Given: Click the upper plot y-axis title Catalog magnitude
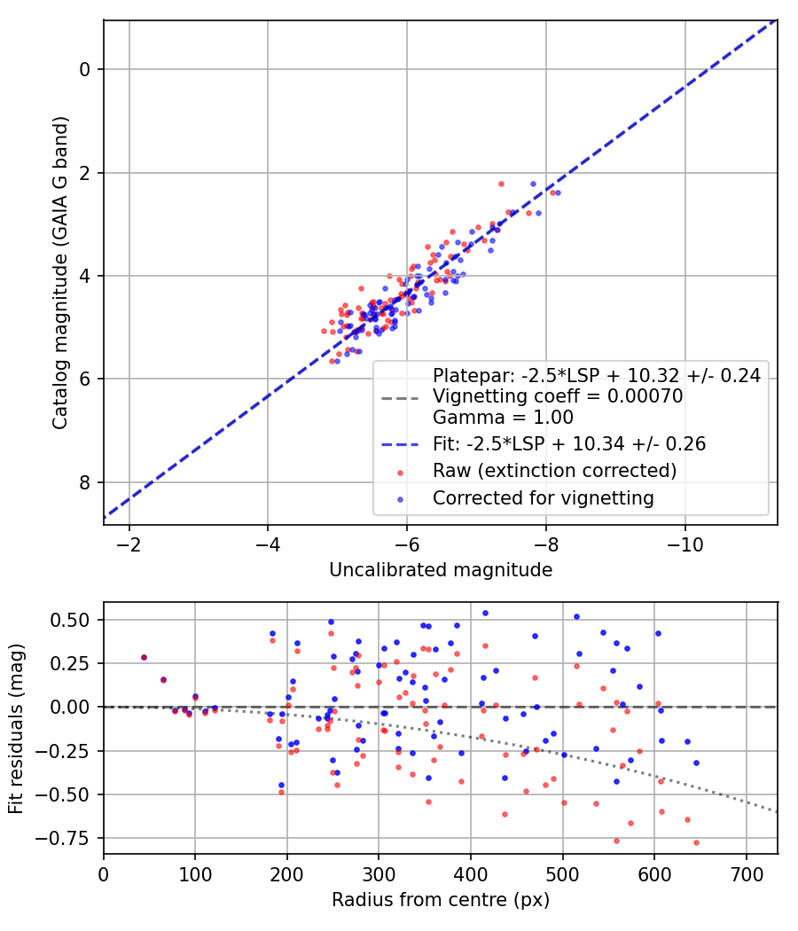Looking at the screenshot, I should [59, 271].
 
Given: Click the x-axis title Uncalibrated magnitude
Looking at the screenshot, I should [441, 570].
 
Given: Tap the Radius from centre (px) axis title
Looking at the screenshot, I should [441, 900].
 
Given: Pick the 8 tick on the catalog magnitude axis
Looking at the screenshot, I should [86, 482].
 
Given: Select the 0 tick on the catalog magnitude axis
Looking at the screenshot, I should [86, 69].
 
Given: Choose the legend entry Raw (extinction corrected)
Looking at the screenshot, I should [554, 470].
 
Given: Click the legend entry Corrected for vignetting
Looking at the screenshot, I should [543, 498].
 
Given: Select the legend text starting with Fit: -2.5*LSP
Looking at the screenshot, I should [568, 442].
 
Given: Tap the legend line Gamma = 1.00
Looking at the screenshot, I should [503, 417].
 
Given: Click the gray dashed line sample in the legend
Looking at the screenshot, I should [400, 397].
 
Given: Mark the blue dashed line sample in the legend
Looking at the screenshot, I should [400, 442].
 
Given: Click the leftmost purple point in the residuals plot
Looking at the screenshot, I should [144, 657].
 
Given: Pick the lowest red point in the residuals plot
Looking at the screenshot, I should [696, 842].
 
